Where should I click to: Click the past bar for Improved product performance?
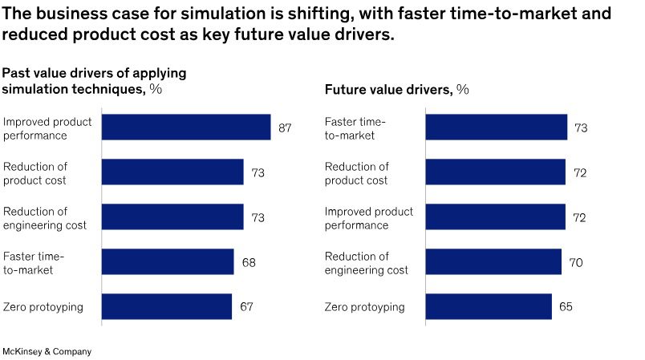click(186, 127)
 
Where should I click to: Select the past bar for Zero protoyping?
click(167, 307)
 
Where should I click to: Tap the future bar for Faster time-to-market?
click(496, 127)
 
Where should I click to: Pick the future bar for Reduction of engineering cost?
click(493, 262)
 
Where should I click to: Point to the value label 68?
click(249, 262)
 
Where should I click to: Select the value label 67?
click(246, 307)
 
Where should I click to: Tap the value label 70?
click(576, 262)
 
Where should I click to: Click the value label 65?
click(566, 307)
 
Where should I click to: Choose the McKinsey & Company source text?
click(47, 351)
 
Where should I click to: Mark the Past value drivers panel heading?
click(94, 81)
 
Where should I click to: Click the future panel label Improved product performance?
click(369, 218)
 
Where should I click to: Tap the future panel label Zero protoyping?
click(365, 307)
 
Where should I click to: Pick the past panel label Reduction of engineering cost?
click(45, 218)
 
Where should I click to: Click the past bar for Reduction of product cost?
click(172, 172)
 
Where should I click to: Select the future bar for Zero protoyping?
click(489, 307)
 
